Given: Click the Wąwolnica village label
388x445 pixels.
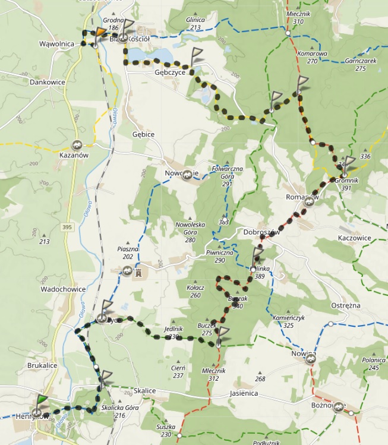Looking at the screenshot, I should pos(56,44).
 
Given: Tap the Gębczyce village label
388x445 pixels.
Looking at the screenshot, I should pos(171,72).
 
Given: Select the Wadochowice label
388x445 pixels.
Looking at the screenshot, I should pos(63,289).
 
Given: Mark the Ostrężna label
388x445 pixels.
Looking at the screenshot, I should pos(345,305).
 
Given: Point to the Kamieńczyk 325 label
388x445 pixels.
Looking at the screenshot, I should pos(289,321).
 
